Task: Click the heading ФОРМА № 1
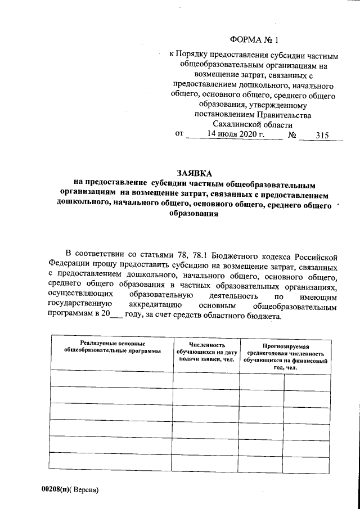(254, 40)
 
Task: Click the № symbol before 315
(292, 135)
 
